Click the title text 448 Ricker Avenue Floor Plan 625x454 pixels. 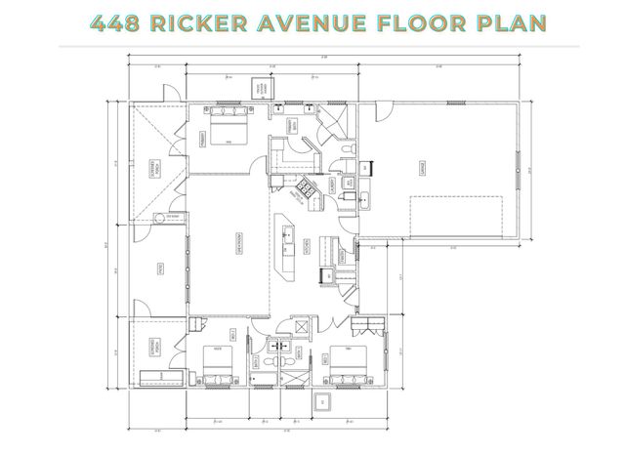[x=312, y=21]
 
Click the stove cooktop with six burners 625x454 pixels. [x=306, y=191]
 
